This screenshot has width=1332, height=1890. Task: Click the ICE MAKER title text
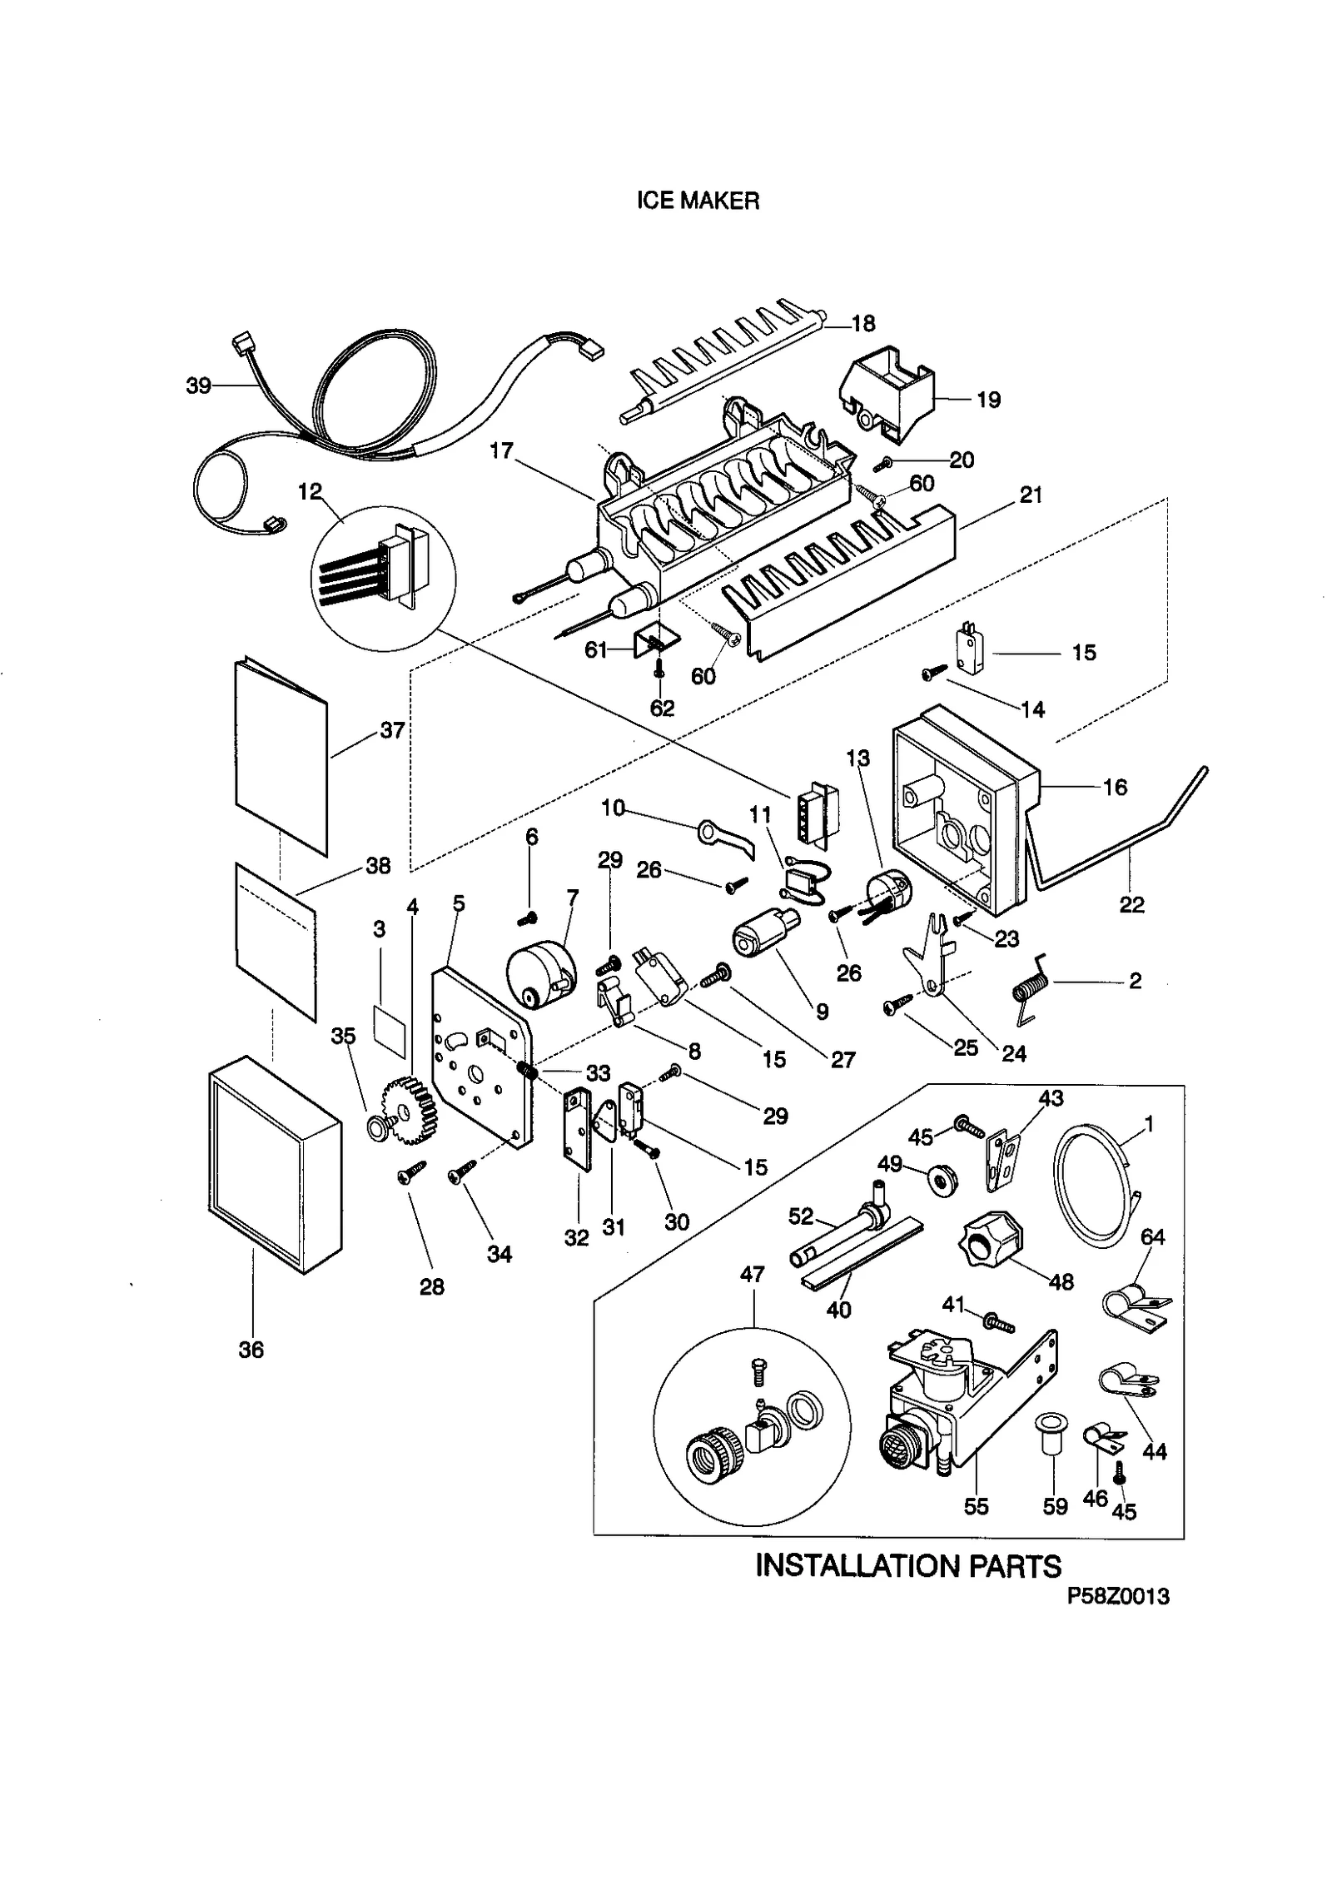698,201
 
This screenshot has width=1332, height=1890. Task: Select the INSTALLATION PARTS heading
907,1567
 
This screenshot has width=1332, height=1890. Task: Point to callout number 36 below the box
251,1350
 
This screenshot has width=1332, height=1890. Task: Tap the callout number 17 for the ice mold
501,450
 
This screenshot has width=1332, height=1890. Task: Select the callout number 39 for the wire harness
198,385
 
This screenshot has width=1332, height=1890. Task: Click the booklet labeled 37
281,758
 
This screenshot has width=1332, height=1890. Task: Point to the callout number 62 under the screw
662,708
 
